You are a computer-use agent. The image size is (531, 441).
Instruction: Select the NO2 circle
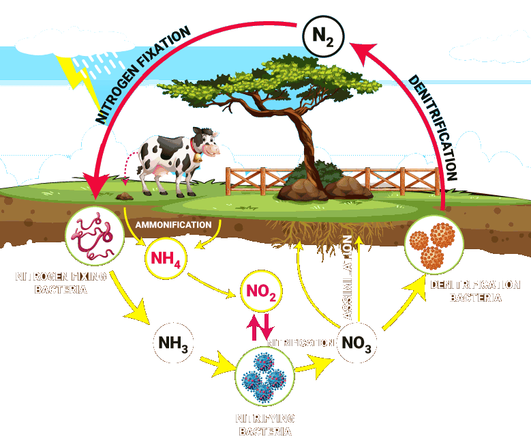click(x=260, y=294)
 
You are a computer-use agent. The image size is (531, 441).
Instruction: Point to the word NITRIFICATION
click(x=300, y=341)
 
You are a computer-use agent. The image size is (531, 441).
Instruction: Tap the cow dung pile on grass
click(x=125, y=195)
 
